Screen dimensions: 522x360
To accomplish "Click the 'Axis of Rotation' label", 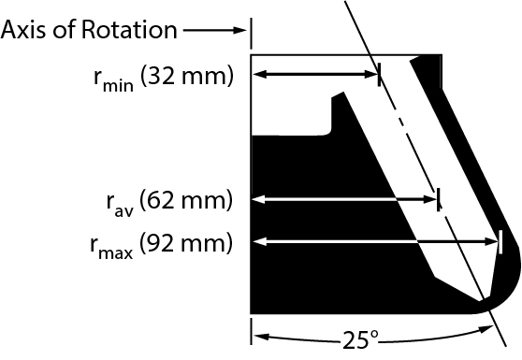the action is click(90, 30).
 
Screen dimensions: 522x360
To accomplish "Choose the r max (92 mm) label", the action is click(161, 245).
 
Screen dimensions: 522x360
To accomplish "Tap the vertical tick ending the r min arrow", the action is click(379, 75).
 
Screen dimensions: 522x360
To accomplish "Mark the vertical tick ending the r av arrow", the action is click(439, 198).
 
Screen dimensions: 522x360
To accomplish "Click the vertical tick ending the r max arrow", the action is click(500, 242).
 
